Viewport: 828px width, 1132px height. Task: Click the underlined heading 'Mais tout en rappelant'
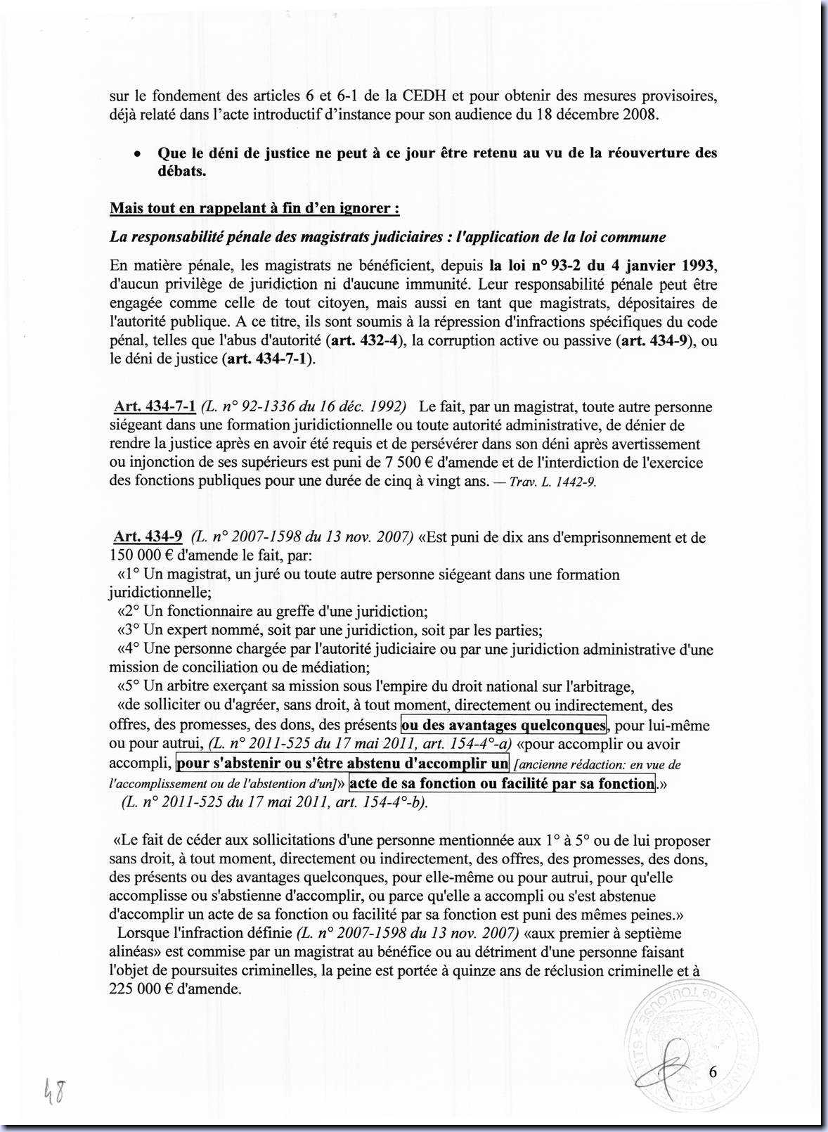254,208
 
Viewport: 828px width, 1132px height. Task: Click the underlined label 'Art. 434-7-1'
155,406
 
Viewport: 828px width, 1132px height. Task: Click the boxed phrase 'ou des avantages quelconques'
503,725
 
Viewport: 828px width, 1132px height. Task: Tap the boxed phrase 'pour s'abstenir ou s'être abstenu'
342,763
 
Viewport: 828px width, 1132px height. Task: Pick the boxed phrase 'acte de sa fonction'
502,783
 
